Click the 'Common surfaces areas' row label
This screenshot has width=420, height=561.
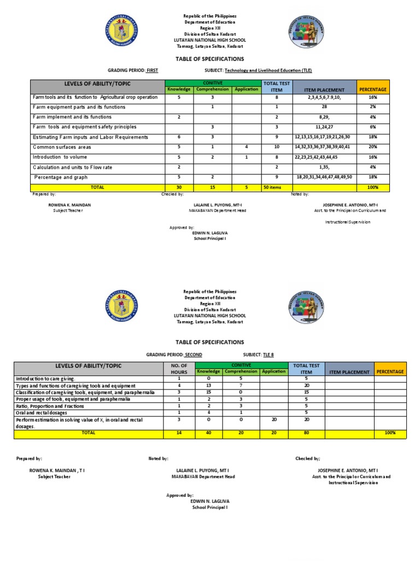(x=62, y=147)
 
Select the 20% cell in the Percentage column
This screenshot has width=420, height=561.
(x=372, y=147)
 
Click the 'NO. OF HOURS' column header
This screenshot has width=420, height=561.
(x=179, y=368)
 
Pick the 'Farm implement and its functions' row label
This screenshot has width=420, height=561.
(x=72, y=117)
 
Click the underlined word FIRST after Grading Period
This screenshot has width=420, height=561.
(x=152, y=71)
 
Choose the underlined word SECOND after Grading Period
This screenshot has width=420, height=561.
(x=193, y=354)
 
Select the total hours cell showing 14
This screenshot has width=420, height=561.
(x=179, y=433)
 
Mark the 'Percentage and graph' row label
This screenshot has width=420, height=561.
(x=60, y=177)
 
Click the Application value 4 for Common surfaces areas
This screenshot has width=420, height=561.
(x=247, y=147)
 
